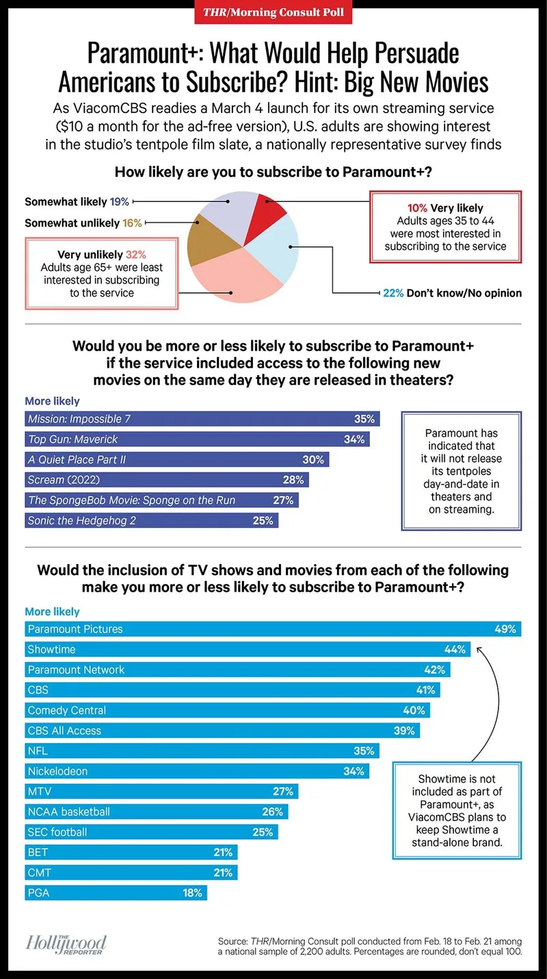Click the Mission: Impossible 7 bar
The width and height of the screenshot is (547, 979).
202,419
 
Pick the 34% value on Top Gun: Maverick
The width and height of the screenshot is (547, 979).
354,440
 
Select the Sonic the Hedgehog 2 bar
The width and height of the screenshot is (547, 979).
152,520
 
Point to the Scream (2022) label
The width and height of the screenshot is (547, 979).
64,480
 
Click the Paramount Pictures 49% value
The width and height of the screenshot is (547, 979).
505,629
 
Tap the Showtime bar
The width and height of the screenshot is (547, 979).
248,650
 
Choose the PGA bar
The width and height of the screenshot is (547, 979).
116,893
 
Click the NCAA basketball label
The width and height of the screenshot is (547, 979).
68,811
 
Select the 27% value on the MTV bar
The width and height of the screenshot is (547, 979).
283,791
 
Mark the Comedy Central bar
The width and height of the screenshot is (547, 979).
228,710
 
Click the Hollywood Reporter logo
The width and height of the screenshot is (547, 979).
66,945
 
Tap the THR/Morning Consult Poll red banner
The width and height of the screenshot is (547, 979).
273,12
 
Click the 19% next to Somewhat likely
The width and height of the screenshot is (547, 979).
119,202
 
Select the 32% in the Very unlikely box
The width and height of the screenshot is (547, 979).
136,255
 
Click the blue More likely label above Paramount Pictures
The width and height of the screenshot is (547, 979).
53,611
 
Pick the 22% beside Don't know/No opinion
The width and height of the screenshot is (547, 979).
393,293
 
